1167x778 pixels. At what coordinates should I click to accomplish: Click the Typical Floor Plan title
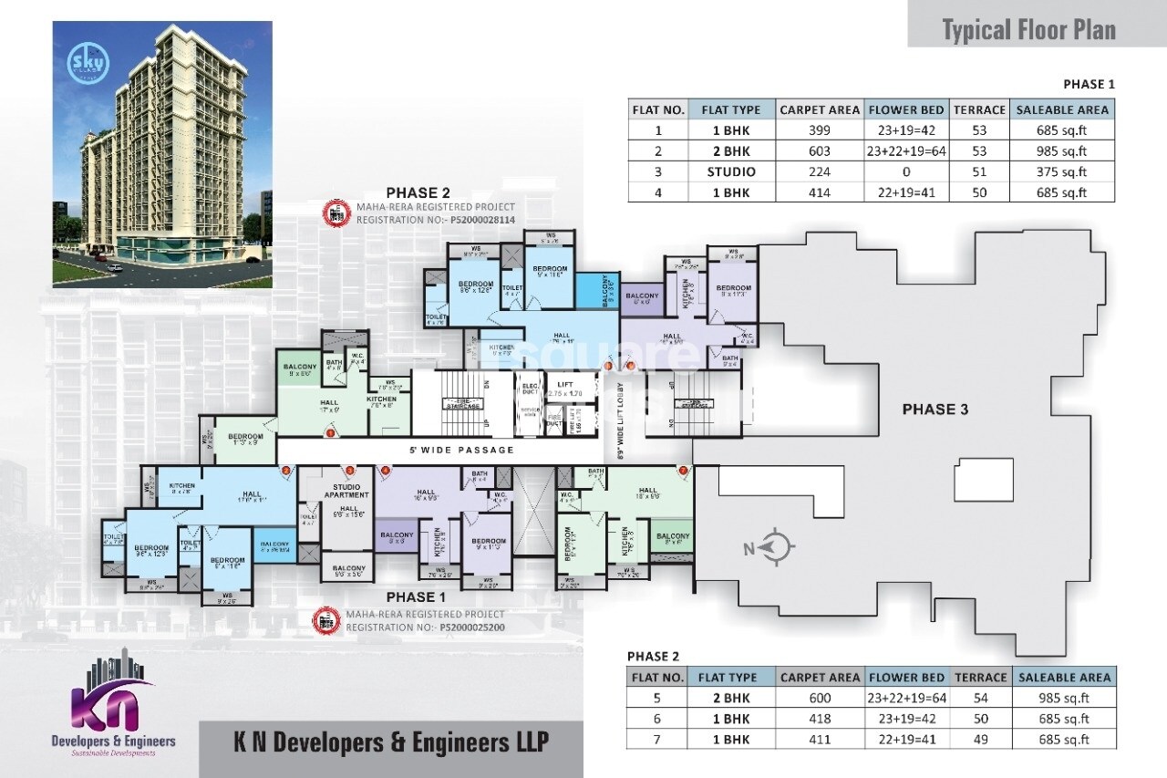(x=1028, y=30)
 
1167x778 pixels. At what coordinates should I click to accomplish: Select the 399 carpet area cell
(x=819, y=130)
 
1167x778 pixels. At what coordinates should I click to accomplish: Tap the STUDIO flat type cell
(x=730, y=171)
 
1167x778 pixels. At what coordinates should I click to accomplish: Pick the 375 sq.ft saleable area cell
(x=1062, y=171)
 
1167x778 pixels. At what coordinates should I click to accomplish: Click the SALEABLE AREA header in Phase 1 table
(x=1062, y=109)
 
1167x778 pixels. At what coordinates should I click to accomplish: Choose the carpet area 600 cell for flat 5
(x=819, y=699)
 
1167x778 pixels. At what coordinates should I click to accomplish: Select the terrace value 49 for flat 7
(x=979, y=740)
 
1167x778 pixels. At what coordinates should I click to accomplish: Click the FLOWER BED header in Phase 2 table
(x=906, y=678)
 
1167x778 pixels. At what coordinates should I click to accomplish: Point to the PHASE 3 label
(x=935, y=410)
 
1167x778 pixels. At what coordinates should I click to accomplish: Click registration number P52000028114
(x=476, y=220)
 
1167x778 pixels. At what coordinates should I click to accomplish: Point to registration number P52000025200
(x=471, y=628)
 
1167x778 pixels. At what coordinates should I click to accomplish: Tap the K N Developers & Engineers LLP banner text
(x=389, y=741)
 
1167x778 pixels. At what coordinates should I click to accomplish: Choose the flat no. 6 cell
(x=657, y=719)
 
